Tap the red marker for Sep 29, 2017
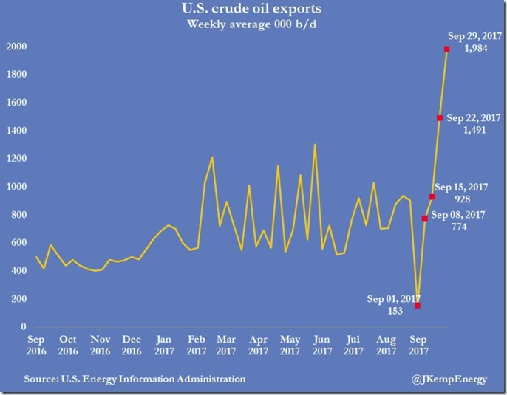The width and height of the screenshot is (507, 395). tap(447, 49)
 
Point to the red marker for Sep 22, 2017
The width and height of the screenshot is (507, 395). tap(440, 118)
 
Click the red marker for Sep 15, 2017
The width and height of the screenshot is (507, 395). tap(432, 196)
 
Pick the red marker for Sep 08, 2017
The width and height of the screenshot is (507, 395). tap(425, 219)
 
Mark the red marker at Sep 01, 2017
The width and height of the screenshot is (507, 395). tap(418, 305)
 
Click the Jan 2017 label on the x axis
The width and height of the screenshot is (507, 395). tap(164, 346)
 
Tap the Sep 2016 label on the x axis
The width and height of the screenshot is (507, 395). tap(36, 346)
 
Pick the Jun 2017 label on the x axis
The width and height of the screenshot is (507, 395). tap(322, 346)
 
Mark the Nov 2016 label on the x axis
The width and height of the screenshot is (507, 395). tap(100, 346)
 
